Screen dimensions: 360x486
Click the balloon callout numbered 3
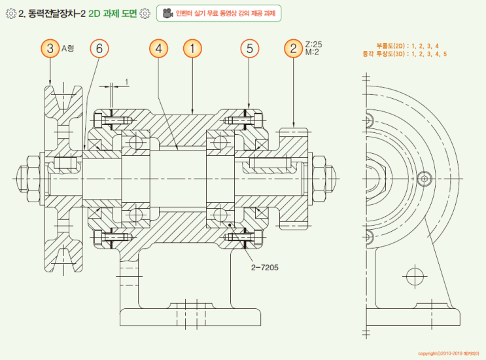50,48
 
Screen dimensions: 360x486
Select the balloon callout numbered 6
99,48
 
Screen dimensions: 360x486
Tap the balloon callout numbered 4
158,48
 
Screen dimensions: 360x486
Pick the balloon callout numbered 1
192,48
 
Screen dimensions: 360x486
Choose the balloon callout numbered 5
249,48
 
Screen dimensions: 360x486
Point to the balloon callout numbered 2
293,48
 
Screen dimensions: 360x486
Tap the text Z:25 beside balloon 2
313,44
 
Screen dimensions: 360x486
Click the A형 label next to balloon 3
69,48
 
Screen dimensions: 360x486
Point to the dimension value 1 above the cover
126,82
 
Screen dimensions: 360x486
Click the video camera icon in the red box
167,13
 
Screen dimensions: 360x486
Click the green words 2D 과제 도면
113,13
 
